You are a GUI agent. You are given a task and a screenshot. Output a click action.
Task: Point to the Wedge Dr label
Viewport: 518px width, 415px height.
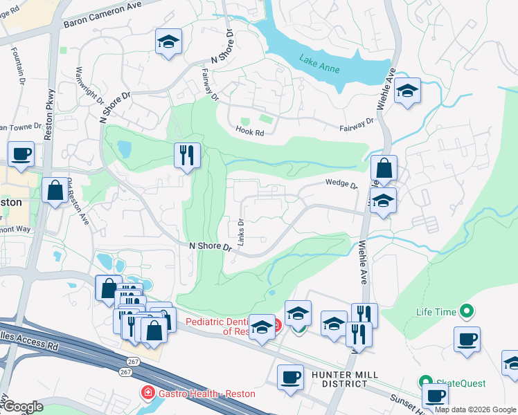(x=341, y=185)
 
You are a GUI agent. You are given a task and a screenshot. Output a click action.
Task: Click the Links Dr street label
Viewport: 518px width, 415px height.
(x=242, y=232)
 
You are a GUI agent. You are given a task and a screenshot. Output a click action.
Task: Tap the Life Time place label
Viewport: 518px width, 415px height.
(x=436, y=313)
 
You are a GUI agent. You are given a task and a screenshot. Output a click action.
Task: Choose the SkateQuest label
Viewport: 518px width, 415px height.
(x=461, y=383)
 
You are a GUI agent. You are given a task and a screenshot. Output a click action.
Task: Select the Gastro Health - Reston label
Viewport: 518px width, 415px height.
(x=206, y=394)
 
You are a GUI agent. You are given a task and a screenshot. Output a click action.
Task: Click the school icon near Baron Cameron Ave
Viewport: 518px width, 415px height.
(x=168, y=43)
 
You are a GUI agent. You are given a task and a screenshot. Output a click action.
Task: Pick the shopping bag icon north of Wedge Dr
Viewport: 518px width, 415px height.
(x=384, y=168)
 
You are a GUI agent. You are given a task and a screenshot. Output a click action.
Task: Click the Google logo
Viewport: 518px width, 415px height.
(x=24, y=407)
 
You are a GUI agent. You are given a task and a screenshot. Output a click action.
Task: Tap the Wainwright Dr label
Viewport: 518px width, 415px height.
(x=89, y=84)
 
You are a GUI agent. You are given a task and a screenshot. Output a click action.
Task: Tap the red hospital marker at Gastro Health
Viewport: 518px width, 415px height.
(x=147, y=394)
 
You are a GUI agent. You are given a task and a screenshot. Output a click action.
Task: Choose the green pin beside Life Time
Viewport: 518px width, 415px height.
(x=466, y=313)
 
